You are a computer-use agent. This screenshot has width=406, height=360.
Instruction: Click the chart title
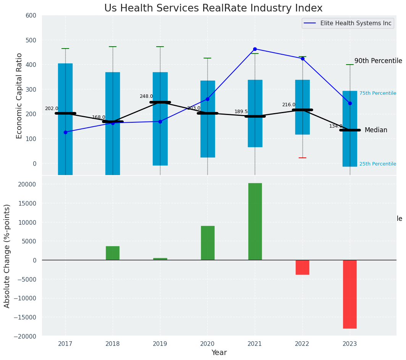point(214,8)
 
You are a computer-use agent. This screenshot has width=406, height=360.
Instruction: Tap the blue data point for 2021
point(255,49)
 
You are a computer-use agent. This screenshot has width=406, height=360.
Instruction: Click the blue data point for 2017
point(65,132)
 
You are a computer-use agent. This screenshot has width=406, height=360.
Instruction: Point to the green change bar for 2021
point(255,222)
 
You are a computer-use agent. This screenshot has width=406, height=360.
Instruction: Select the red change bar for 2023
point(349,294)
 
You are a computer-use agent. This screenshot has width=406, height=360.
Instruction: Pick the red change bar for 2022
point(302,267)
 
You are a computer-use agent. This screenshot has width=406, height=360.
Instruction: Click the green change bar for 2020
point(207,243)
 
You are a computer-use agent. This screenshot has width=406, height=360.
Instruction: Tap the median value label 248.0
point(146,97)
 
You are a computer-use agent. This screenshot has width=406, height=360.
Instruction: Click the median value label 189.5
point(241,112)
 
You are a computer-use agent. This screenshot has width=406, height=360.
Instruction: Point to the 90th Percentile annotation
point(378,61)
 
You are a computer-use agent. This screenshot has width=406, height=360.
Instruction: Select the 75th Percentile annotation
point(377,93)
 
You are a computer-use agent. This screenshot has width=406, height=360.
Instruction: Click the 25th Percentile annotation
point(377,164)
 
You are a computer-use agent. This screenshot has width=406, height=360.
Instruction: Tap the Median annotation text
point(376,130)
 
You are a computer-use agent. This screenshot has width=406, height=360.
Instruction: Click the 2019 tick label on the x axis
point(160,344)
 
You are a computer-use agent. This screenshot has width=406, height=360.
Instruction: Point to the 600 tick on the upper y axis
point(31,16)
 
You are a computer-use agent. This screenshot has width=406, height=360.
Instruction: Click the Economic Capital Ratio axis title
point(19,96)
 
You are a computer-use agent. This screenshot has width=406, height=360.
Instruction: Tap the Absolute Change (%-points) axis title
point(7,256)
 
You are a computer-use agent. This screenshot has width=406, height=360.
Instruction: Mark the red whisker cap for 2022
point(302,158)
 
